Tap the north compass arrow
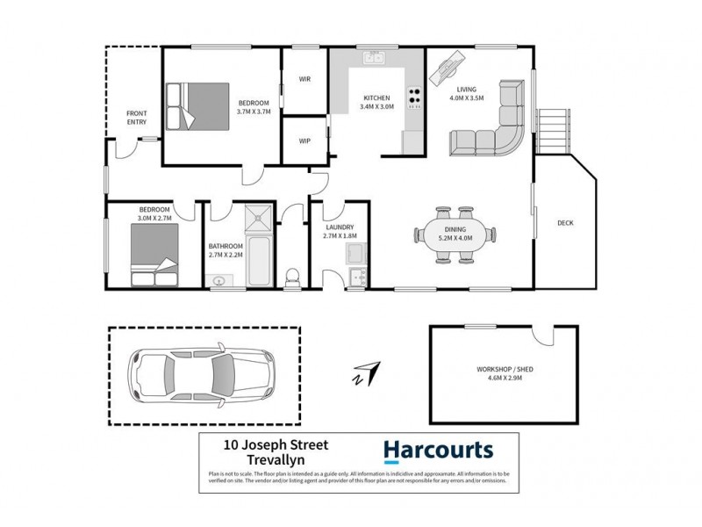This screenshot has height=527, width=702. [x=367, y=372]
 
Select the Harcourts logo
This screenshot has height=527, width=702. [x=438, y=451]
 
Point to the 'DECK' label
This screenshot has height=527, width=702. [x=565, y=223]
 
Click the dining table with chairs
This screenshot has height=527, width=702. [x=455, y=235]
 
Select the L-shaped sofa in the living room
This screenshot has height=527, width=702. [x=497, y=123]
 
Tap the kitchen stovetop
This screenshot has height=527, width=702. [x=413, y=97]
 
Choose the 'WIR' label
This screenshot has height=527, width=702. [x=304, y=80]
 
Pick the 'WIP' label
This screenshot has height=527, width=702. [x=304, y=141]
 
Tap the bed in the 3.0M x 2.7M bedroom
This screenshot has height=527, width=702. [x=154, y=255]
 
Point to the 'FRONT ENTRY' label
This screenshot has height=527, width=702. [x=136, y=117]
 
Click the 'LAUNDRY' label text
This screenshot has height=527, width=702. [x=339, y=227]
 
